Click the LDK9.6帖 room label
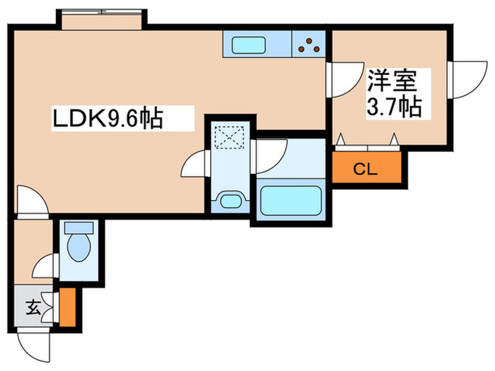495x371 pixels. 107,118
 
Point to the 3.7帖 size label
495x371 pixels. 394,107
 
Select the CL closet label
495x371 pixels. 365,169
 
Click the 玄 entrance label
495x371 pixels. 33,307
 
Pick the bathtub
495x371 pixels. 291,201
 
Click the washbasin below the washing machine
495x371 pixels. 231,201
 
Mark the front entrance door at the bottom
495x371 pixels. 37,342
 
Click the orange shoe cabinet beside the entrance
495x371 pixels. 66,307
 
